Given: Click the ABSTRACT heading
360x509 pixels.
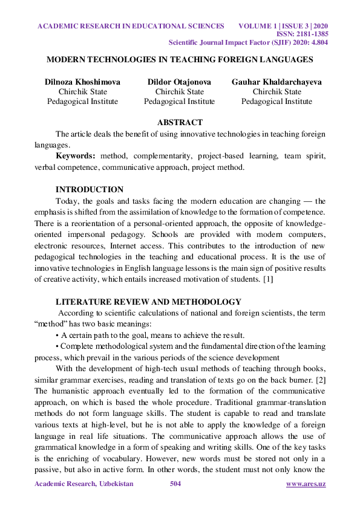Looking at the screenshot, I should click(x=180, y=123).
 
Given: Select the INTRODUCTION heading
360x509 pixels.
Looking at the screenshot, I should click(x=90, y=190).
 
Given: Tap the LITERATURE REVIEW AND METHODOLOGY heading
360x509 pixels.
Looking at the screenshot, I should click(x=148, y=302).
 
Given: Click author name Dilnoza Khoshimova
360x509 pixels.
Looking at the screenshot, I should click(x=82, y=82).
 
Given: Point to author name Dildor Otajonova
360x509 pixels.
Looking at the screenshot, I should click(x=179, y=82).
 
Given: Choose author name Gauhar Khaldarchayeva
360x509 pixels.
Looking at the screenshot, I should click(x=277, y=82).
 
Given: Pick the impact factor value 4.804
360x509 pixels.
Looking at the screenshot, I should click(x=315, y=44).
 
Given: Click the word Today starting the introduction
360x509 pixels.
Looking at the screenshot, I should click(x=67, y=201).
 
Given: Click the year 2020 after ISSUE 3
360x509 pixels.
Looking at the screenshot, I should click(x=316, y=27).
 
